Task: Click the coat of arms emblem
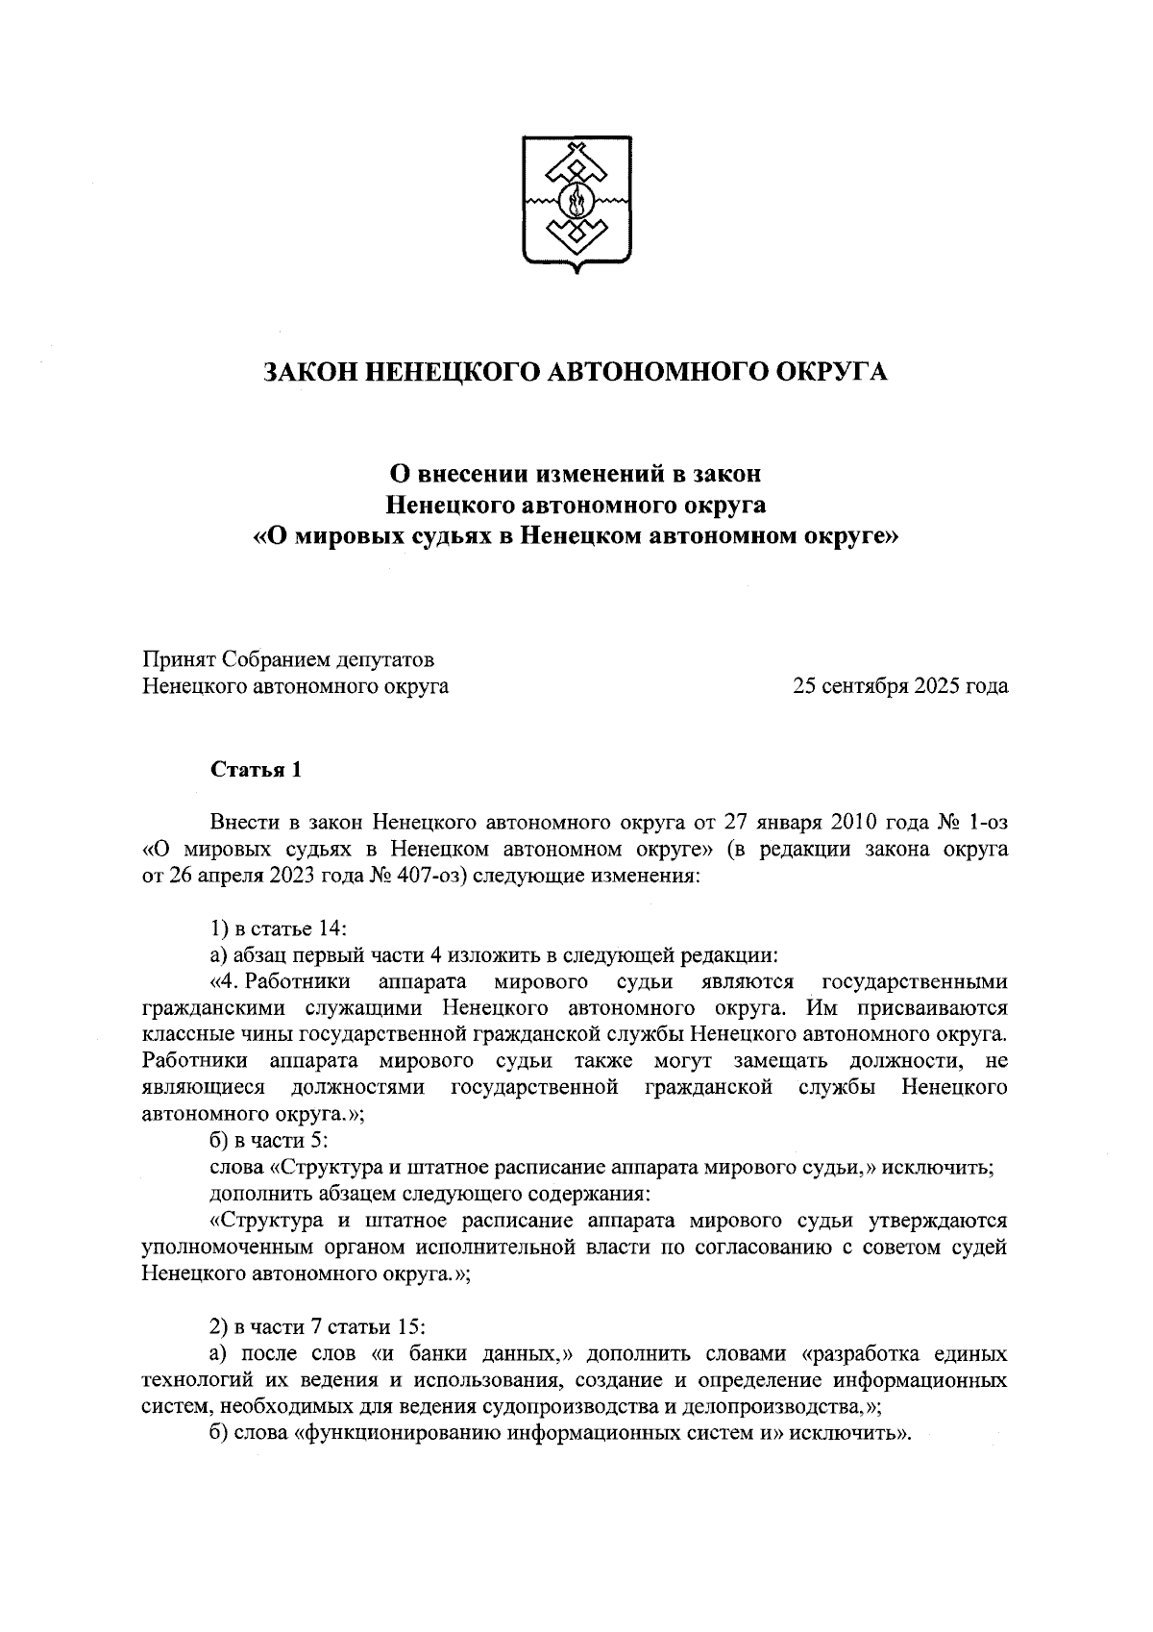click(577, 203)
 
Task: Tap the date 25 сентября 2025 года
click(899, 686)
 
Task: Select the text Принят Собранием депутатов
click(288, 660)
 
